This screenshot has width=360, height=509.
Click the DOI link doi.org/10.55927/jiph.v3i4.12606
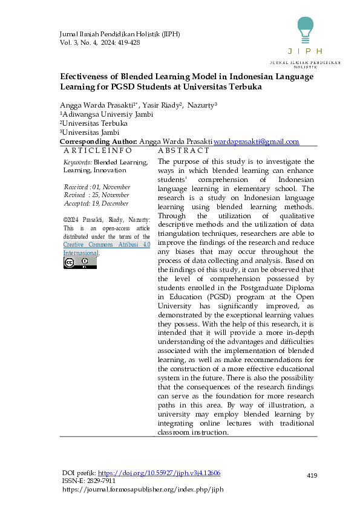[159, 473]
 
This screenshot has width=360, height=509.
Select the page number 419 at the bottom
[312, 476]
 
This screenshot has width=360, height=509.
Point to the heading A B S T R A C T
[183, 151]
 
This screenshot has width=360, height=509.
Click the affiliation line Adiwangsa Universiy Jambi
[106, 114]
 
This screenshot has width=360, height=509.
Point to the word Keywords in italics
[77, 163]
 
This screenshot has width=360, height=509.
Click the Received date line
[97, 187]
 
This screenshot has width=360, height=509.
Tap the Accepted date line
[96, 204]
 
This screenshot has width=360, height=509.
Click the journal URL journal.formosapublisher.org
[143, 488]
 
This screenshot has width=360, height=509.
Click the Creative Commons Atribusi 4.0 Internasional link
[106, 249]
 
